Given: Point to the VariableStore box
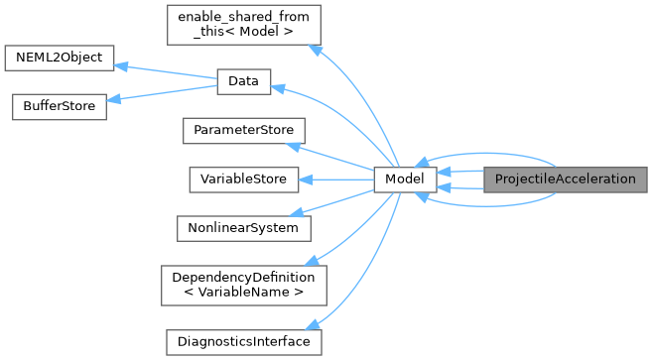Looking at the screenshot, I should tap(243, 180).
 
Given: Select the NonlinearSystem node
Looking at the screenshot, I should tap(243, 227).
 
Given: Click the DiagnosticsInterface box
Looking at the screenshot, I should tap(243, 341).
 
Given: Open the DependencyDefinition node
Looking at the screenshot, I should tap(243, 285).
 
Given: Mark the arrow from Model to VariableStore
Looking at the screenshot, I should tap(337, 180).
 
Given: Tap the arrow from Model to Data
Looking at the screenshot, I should tap(337, 124).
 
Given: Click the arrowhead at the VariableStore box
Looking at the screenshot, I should tap(306, 180).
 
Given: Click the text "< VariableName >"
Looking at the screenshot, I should tap(243, 293).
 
